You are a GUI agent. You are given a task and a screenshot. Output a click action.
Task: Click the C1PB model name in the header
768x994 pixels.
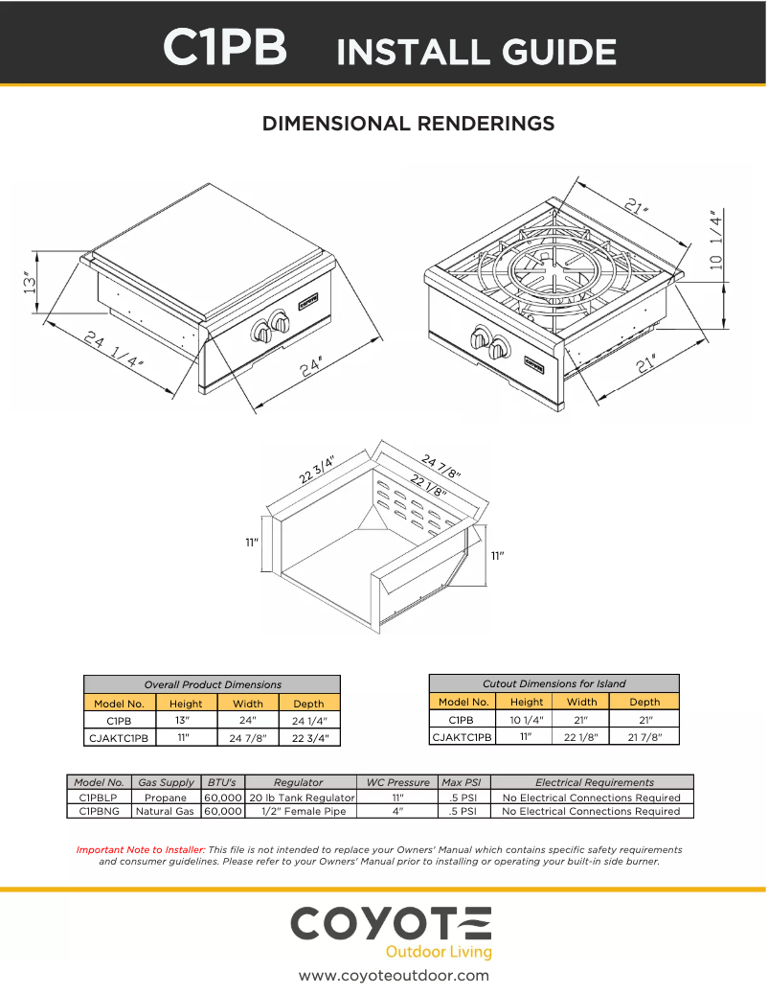225,47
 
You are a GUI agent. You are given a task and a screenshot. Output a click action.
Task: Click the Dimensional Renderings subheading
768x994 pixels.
408,124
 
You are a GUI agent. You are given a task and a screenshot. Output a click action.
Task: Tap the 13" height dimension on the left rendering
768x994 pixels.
32,283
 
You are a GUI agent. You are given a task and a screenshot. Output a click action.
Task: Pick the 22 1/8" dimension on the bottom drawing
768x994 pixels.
428,486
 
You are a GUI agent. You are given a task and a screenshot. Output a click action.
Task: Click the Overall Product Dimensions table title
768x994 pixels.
212,684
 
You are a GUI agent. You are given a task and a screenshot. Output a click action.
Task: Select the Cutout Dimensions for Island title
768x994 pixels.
553,683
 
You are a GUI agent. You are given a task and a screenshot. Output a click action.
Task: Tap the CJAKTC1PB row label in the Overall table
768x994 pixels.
119,738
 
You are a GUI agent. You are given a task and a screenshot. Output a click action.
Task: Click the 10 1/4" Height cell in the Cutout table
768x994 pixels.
526,719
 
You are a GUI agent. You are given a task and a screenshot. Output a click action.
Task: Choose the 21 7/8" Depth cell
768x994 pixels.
644,736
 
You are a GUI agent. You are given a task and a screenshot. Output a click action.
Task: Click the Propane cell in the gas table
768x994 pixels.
165,798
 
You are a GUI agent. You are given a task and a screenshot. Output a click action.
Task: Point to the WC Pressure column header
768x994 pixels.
397,782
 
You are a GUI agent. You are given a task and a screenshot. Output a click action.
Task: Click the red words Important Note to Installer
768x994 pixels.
141,849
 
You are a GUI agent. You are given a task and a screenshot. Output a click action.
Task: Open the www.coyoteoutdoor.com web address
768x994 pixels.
394,976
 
